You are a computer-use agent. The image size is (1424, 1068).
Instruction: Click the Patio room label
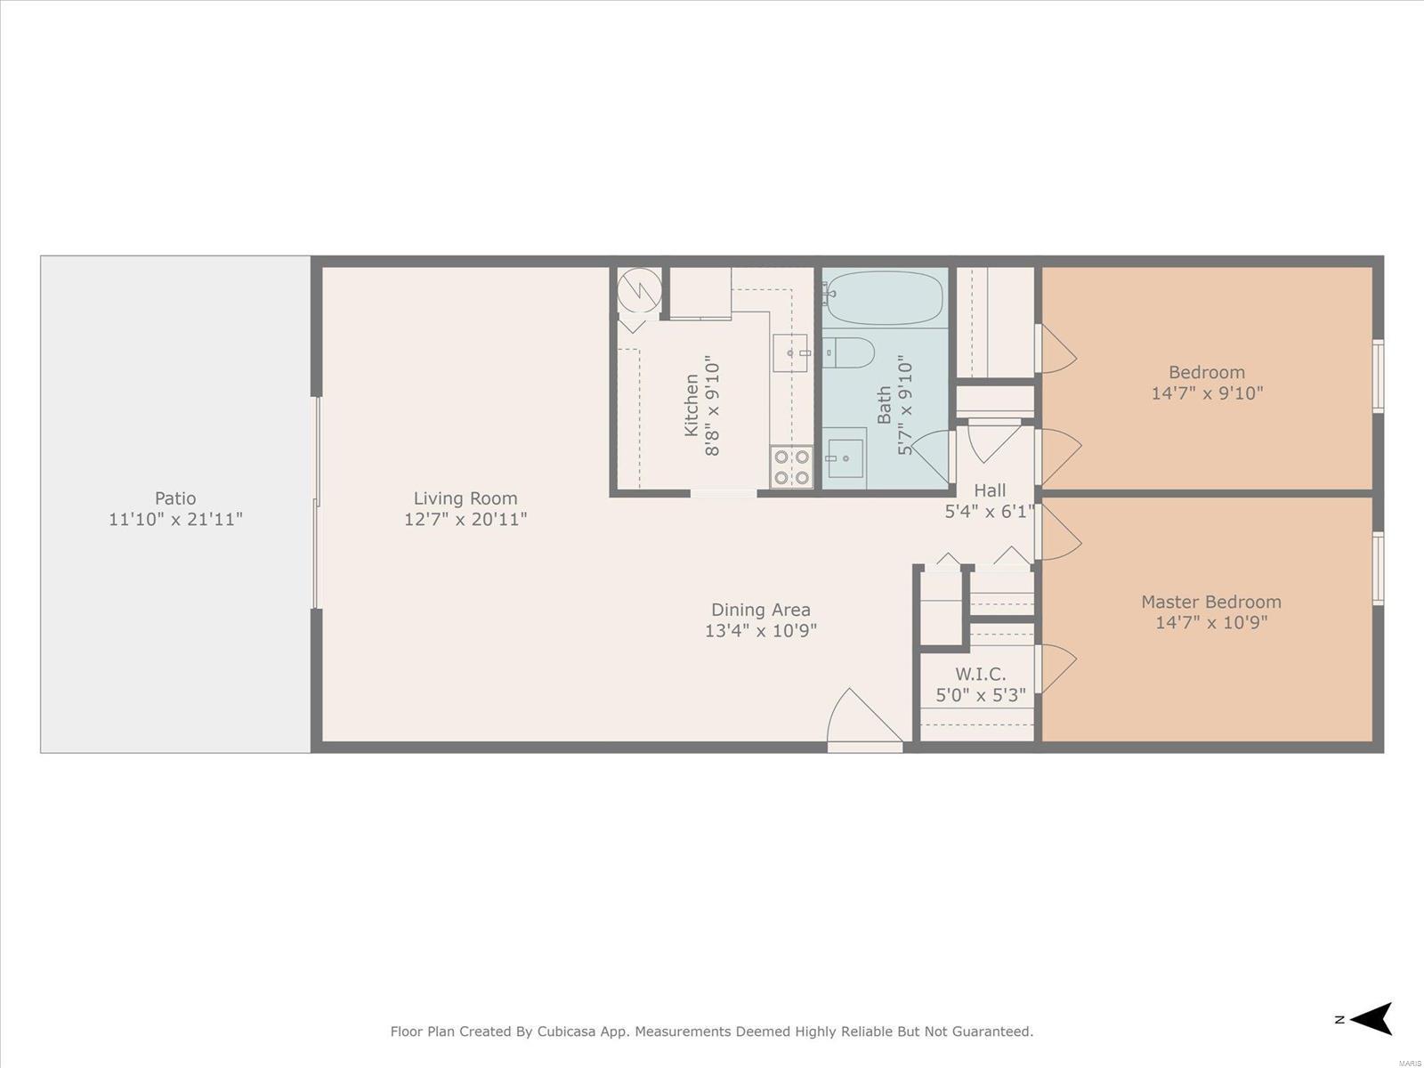[175, 498]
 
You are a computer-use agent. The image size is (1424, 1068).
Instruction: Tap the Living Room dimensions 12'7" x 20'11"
[465, 520]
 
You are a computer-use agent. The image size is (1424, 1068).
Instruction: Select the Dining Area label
[760, 611]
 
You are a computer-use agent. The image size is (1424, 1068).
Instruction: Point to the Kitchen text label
[692, 405]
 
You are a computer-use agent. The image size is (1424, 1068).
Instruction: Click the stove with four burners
[791, 467]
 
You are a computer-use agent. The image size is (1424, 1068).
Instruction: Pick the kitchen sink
[791, 352]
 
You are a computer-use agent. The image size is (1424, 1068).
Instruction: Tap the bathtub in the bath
[885, 297]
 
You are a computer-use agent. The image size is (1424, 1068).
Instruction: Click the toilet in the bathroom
[849, 352]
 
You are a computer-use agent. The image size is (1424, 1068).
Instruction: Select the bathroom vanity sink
[845, 457]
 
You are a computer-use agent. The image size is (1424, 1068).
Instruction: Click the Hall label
[990, 490]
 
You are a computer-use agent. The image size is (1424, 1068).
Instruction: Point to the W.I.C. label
[980, 675]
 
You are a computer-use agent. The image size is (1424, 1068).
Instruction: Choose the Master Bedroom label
[1211, 602]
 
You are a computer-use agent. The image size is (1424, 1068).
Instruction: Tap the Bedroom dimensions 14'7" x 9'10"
[1208, 393]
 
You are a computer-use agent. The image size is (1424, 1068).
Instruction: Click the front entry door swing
[863, 717]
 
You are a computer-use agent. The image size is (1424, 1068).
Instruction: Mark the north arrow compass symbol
[1372, 1019]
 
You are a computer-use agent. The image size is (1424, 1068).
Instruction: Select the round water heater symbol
[639, 289]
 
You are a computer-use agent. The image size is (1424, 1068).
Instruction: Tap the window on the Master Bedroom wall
[1378, 569]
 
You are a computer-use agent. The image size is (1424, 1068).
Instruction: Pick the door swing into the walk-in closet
[1056, 667]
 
